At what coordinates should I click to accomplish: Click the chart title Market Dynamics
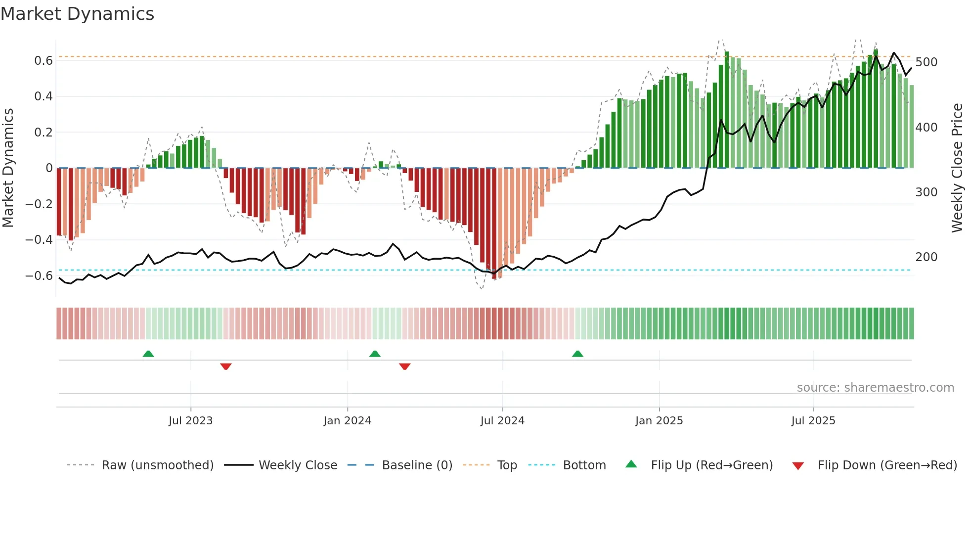click(x=77, y=14)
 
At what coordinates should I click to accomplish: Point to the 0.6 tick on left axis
click(x=44, y=61)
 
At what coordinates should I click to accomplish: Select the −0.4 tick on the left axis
click(x=39, y=240)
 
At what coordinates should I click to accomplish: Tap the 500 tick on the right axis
click(x=926, y=62)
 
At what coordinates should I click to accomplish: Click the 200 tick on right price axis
click(x=926, y=257)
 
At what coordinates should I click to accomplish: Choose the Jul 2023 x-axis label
click(x=190, y=421)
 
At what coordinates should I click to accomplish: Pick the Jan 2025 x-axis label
click(x=659, y=421)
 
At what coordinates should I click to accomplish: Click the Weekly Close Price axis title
click(x=957, y=168)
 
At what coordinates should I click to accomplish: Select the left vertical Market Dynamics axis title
click(x=8, y=168)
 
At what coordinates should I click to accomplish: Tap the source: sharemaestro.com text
click(x=875, y=388)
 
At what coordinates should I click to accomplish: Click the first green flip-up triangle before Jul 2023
click(x=148, y=354)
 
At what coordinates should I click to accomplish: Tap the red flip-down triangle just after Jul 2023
click(x=226, y=366)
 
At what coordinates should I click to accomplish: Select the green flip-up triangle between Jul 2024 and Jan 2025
click(x=577, y=354)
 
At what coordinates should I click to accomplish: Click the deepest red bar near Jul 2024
click(x=494, y=223)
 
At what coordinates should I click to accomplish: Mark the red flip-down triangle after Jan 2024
click(x=404, y=366)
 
